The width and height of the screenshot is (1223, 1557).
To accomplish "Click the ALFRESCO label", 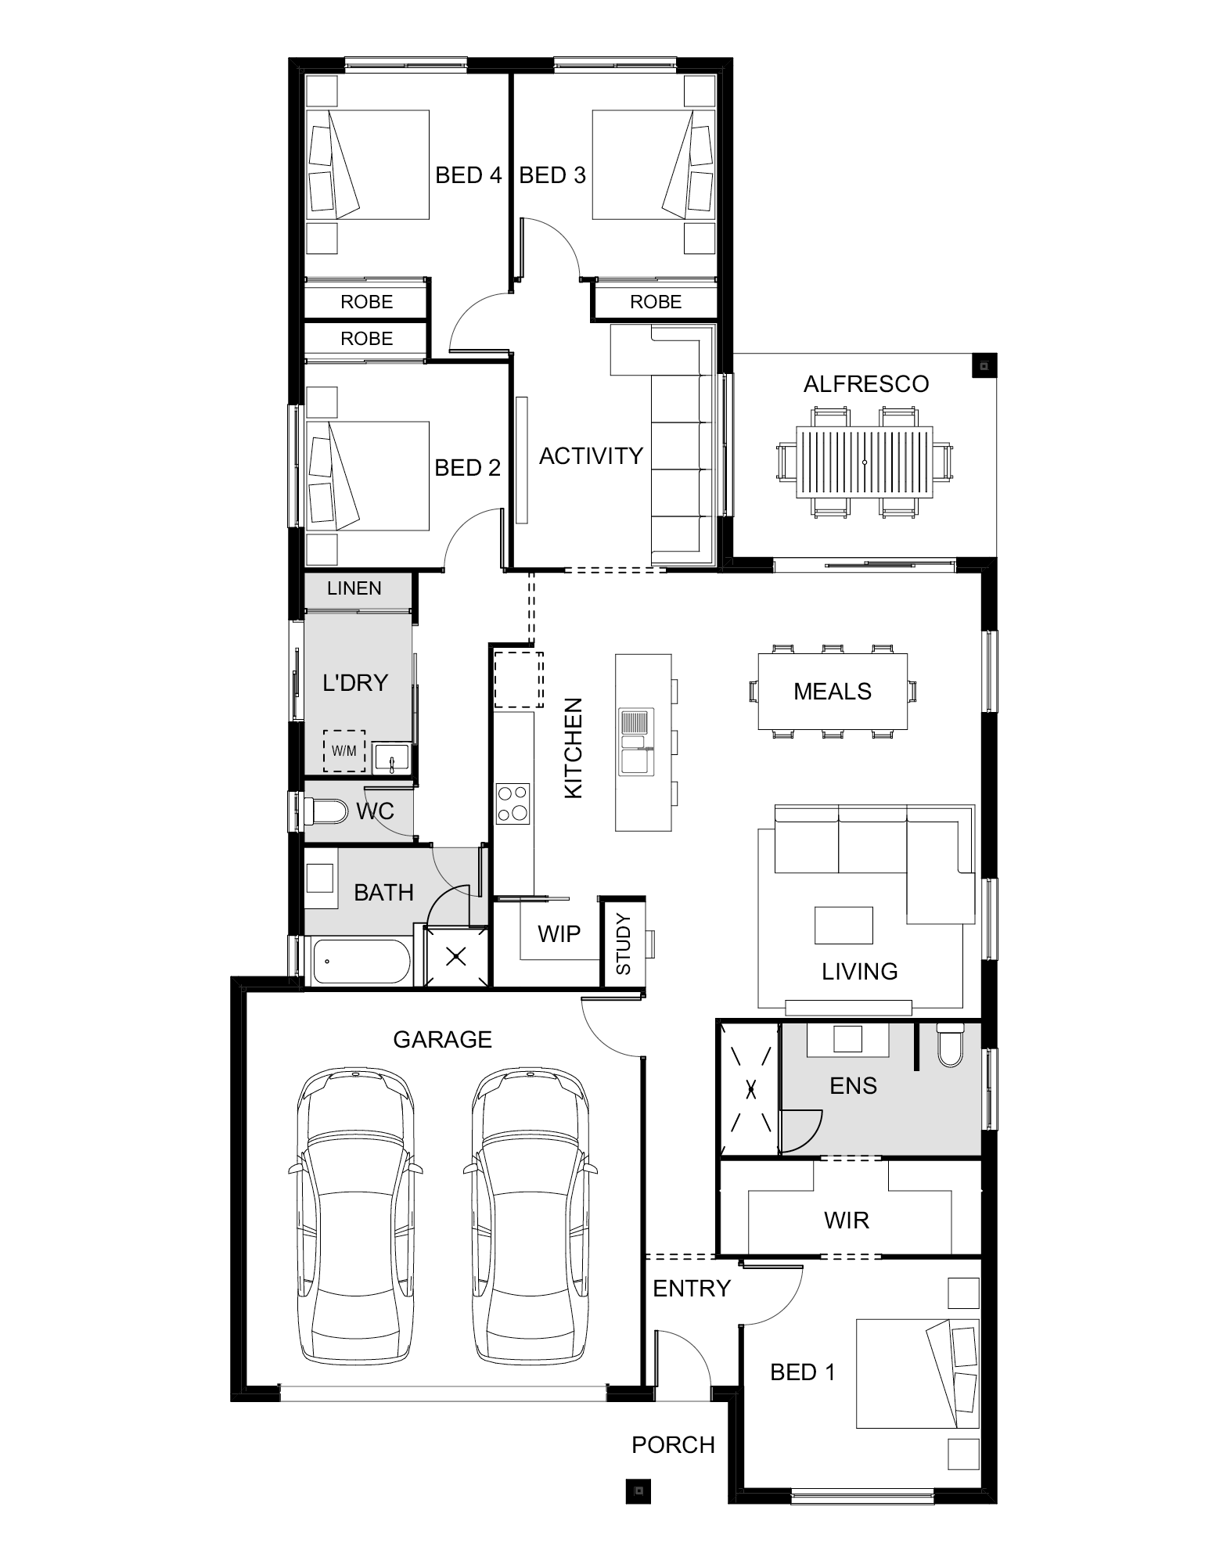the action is click(866, 384).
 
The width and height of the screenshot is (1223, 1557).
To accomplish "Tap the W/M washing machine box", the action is click(344, 751).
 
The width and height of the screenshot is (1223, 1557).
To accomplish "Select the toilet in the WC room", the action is click(325, 811).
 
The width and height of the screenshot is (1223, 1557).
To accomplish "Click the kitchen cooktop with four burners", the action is click(513, 804).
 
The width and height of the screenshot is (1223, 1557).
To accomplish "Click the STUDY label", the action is click(624, 943).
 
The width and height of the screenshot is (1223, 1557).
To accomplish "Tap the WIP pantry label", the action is click(559, 933).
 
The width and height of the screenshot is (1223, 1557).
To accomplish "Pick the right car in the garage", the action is click(531, 1218).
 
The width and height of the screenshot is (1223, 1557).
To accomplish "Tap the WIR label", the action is click(847, 1220).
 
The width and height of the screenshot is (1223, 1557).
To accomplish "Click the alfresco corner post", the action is click(984, 365).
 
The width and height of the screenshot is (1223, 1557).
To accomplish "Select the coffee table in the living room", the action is click(844, 926).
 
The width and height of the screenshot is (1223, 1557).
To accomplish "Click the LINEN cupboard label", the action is click(354, 588).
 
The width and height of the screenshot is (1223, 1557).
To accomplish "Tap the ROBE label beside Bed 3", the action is click(656, 302).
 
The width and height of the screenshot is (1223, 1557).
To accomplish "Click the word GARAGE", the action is click(442, 1040).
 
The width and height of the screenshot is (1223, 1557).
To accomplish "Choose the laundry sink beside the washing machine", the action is click(390, 757).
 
